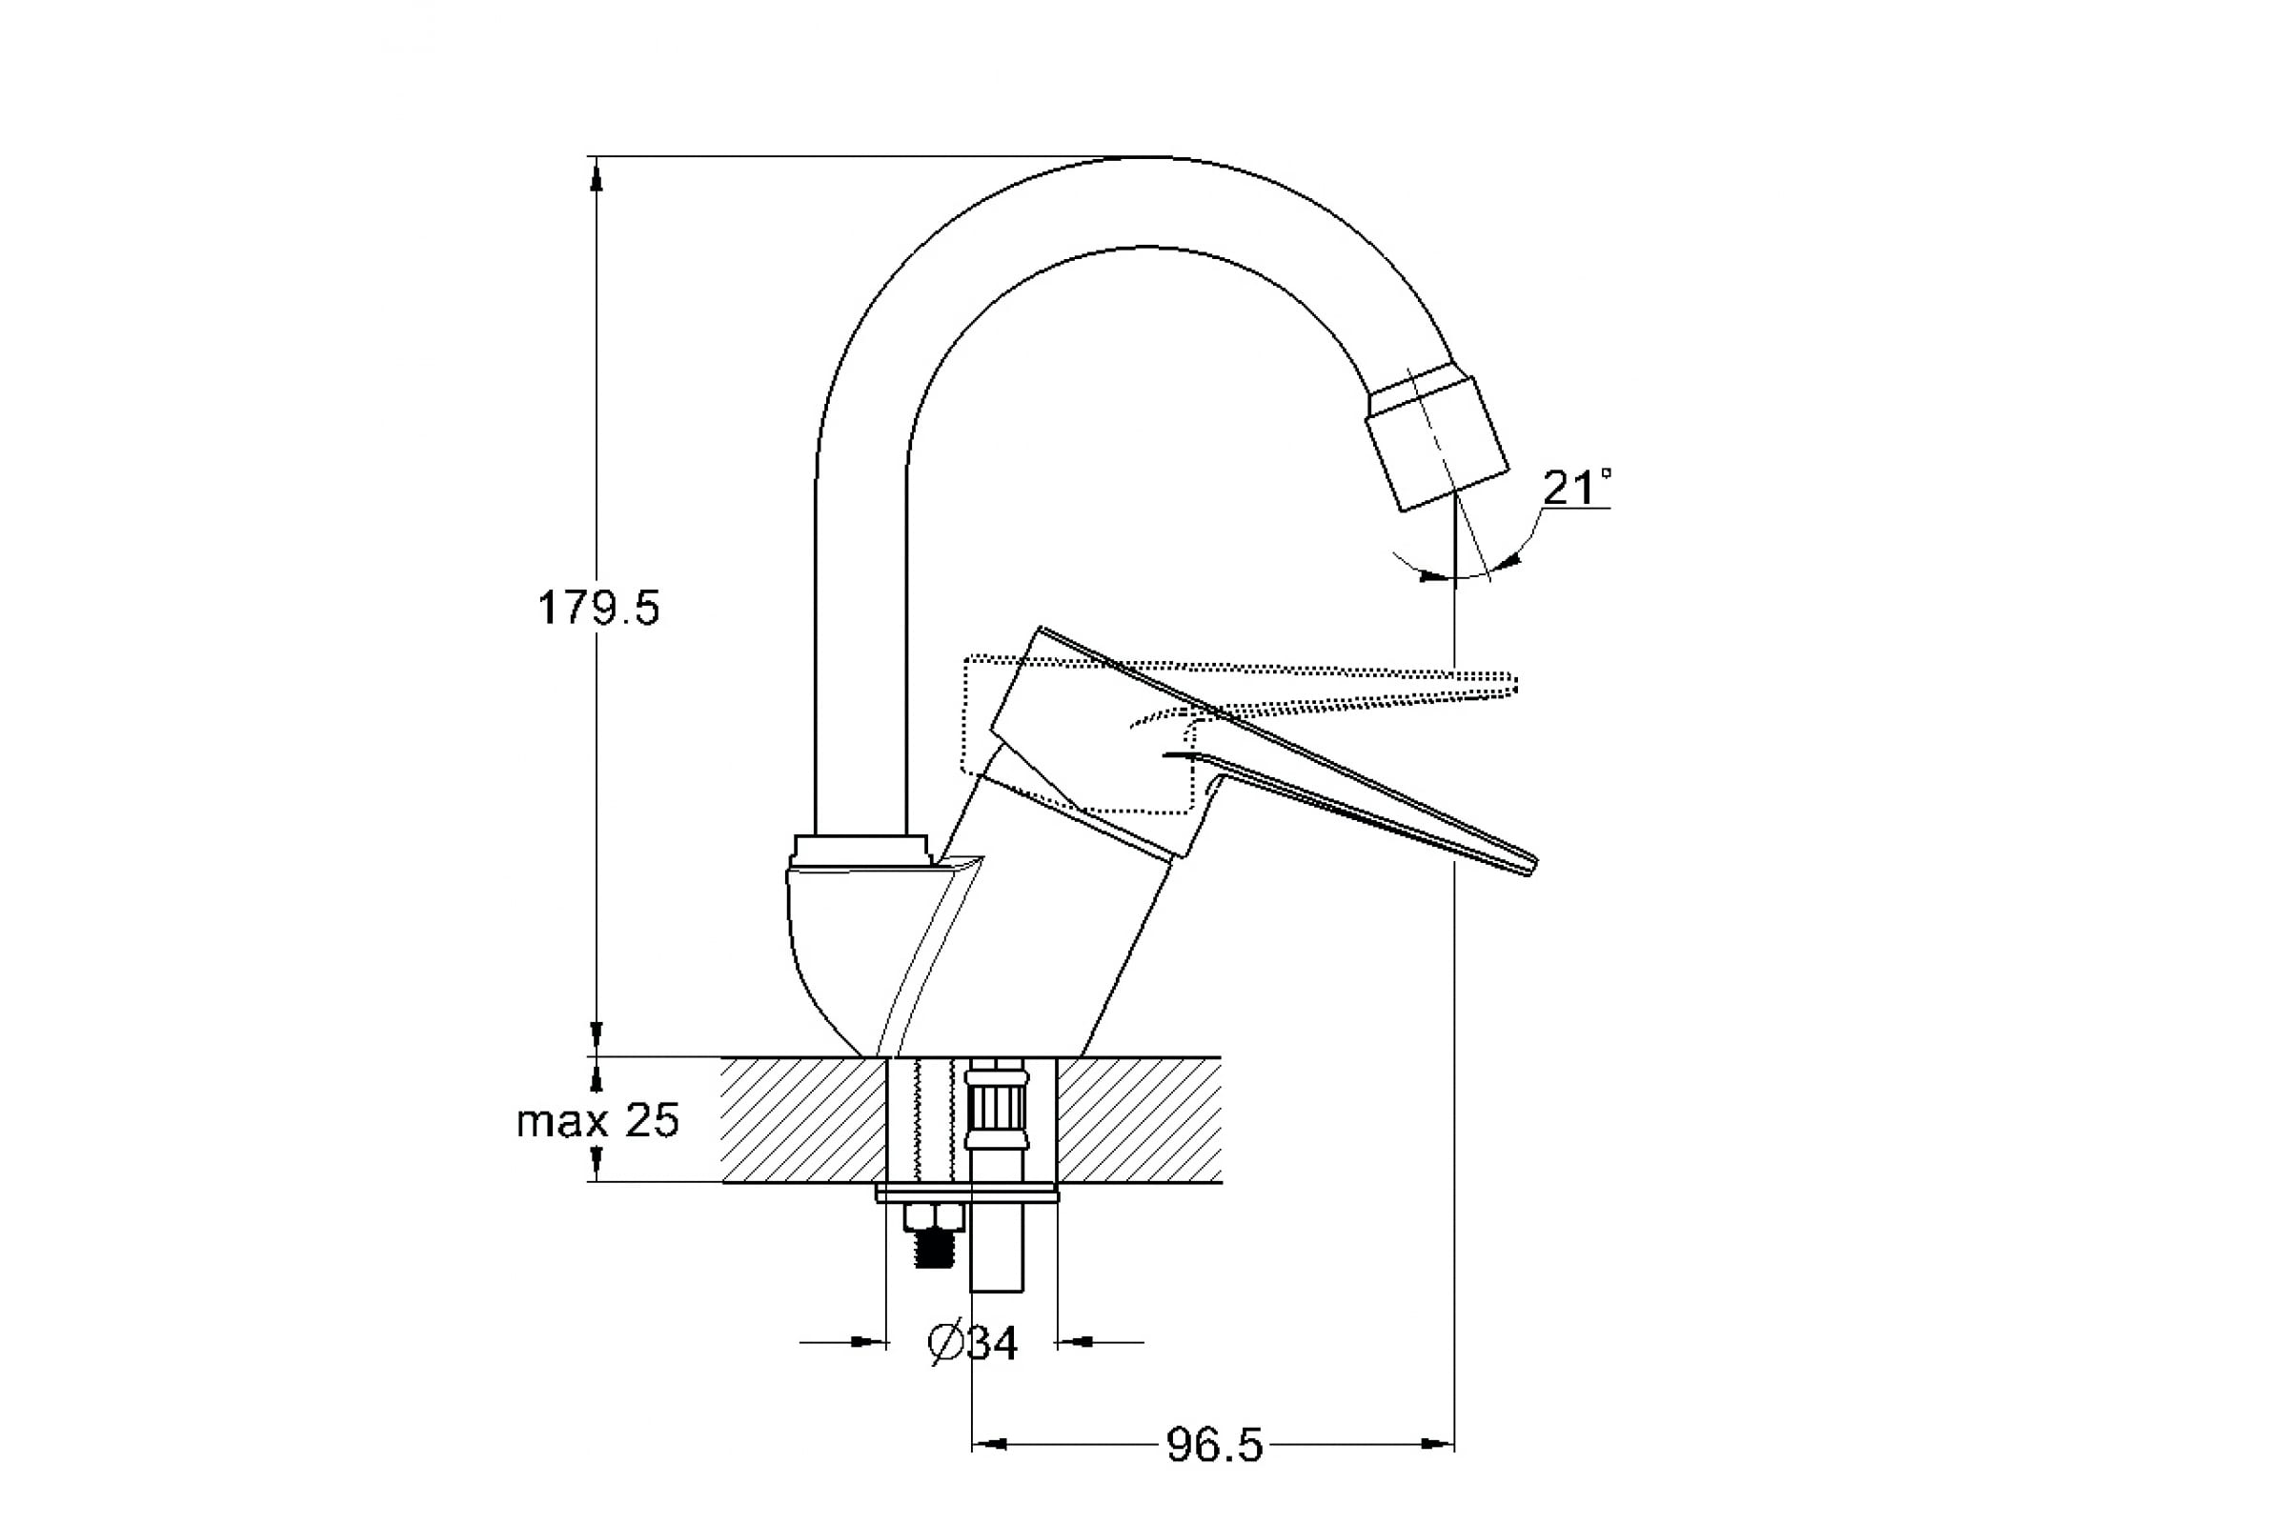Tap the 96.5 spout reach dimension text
pyautogui.click(x=1214, y=1445)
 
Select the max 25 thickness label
pyautogui.click(x=597, y=1121)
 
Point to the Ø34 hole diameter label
pyautogui.click(x=973, y=1343)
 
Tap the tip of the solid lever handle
pyautogui.click(x=1529, y=864)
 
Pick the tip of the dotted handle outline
pyautogui.click(x=1512, y=683)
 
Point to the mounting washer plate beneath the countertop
pyautogui.click(x=966, y=1193)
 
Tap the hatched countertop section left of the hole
pyautogui.click(x=803, y=1120)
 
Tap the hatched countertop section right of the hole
pyautogui.click(x=1139, y=1120)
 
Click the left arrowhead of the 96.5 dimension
pyautogui.click(x=989, y=1444)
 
